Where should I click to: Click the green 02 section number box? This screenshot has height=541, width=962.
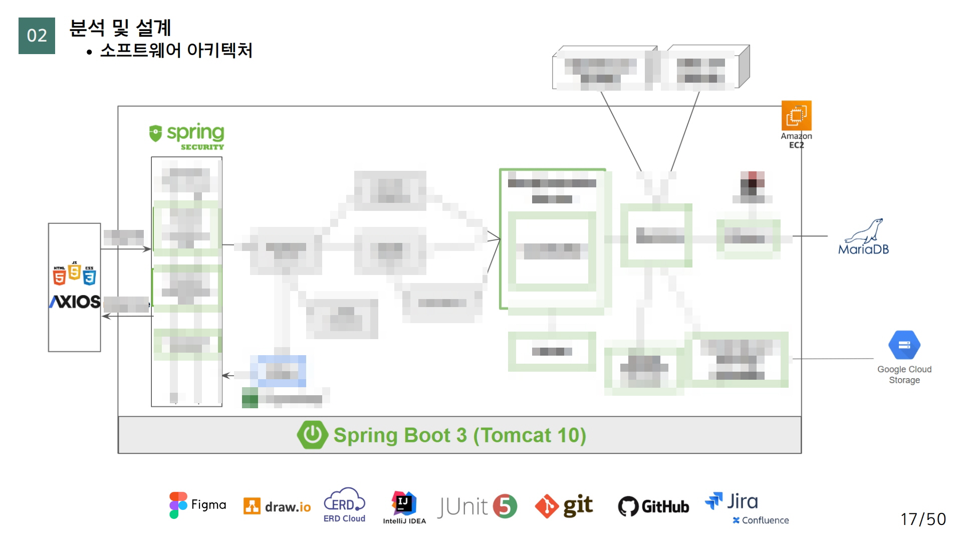click(x=37, y=36)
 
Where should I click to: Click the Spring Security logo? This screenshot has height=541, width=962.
click(x=186, y=136)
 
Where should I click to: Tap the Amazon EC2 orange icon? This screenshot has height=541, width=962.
click(x=796, y=116)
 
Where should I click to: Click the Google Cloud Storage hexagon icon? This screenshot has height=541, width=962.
click(x=904, y=345)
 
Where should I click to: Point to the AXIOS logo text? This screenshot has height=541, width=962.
click(x=75, y=302)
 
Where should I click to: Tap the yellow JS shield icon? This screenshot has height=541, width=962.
click(x=75, y=272)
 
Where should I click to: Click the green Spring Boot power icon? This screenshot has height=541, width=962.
click(x=312, y=434)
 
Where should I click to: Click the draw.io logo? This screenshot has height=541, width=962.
click(x=277, y=506)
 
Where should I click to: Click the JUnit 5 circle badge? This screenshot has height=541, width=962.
click(x=505, y=506)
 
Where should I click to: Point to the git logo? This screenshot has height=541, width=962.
click(x=564, y=506)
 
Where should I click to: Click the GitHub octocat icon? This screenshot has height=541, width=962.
click(x=628, y=506)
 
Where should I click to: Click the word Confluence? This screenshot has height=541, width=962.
click(x=765, y=520)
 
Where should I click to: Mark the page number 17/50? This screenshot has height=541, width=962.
click(x=923, y=519)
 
